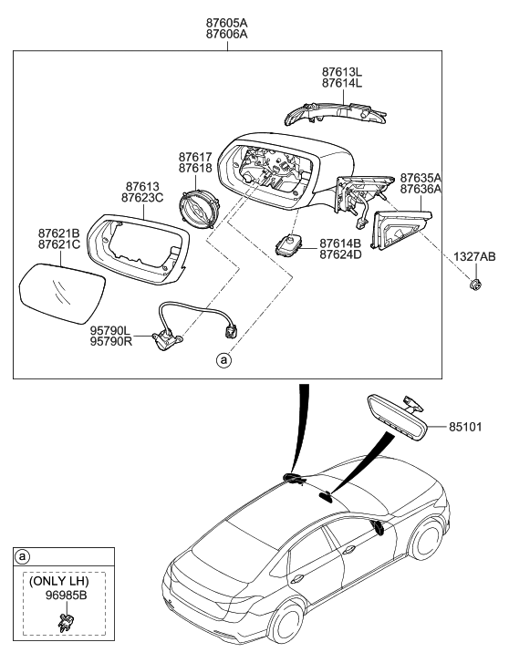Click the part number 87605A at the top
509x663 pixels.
[x=228, y=20]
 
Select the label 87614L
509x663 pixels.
[x=342, y=83]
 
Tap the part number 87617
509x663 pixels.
[x=195, y=157]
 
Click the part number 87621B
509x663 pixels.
[x=58, y=233]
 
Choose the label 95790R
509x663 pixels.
[x=109, y=343]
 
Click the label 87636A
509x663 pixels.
[x=421, y=190]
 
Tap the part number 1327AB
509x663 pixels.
[x=475, y=257]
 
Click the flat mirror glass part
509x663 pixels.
[x=60, y=289]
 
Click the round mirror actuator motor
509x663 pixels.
[x=198, y=206]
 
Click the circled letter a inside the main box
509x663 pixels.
[x=222, y=361]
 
